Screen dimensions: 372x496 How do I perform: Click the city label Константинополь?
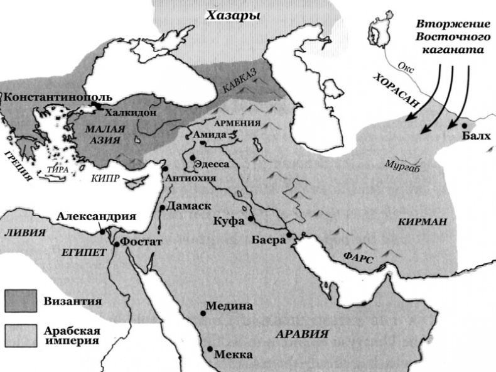(58, 98)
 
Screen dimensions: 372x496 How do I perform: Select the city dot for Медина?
(203, 312)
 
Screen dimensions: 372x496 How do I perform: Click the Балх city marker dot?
(464, 126)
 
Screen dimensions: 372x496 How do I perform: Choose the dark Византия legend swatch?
(21, 301)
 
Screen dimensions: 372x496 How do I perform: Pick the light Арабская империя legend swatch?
(21, 336)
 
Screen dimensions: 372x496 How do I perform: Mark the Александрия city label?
(96, 216)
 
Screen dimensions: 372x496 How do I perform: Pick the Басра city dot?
(289, 235)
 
